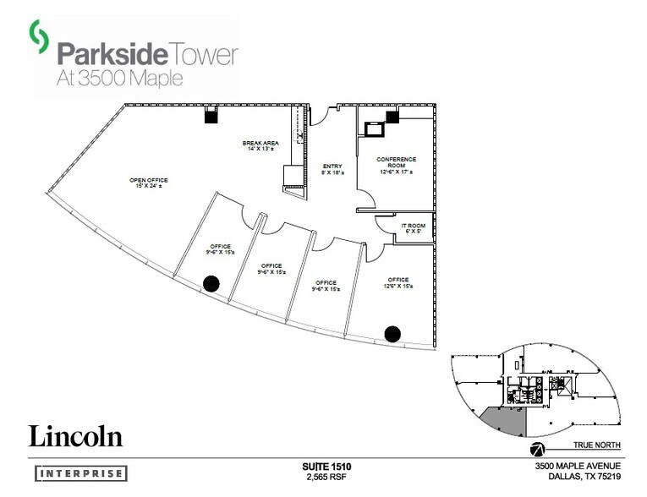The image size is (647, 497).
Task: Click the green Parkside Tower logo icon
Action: pyautogui.click(x=37, y=35)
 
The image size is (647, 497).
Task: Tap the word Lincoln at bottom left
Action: pyautogui.click(x=76, y=436)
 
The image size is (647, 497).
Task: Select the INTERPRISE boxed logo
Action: pyautogui.click(x=81, y=473)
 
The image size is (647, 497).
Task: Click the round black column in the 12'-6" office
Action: pyautogui.click(x=392, y=333)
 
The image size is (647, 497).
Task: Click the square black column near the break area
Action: pyautogui.click(x=210, y=118)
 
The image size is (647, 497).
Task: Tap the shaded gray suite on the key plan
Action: pyautogui.click(x=503, y=420)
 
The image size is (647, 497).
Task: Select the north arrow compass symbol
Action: pyautogui.click(x=536, y=448)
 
